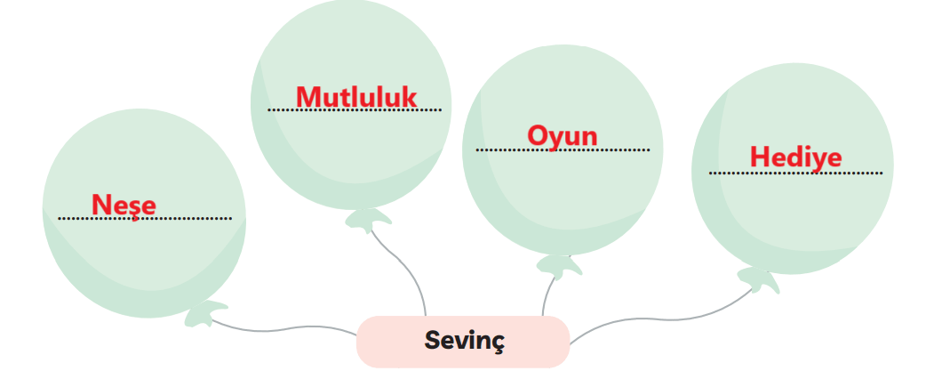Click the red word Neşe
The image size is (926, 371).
coord(124,206)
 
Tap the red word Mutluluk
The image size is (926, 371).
coord(356,98)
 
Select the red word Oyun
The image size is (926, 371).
coord(563,137)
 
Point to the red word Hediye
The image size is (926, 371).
coord(795,157)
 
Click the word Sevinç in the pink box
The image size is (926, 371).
coord(465,340)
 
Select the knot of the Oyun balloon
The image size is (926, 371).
coord(559,266)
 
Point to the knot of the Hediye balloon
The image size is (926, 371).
coord(758,280)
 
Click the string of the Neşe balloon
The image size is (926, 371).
coord(283,328)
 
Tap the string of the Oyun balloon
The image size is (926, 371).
coord(547,295)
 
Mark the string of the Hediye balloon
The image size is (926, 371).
coord(661,319)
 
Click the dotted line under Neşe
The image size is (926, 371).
coord(145,219)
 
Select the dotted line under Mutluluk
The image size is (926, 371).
coord(355,109)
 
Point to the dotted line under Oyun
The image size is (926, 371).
coord(563,150)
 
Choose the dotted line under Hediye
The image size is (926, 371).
coord(795,173)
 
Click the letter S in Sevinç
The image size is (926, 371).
coord(433,340)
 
